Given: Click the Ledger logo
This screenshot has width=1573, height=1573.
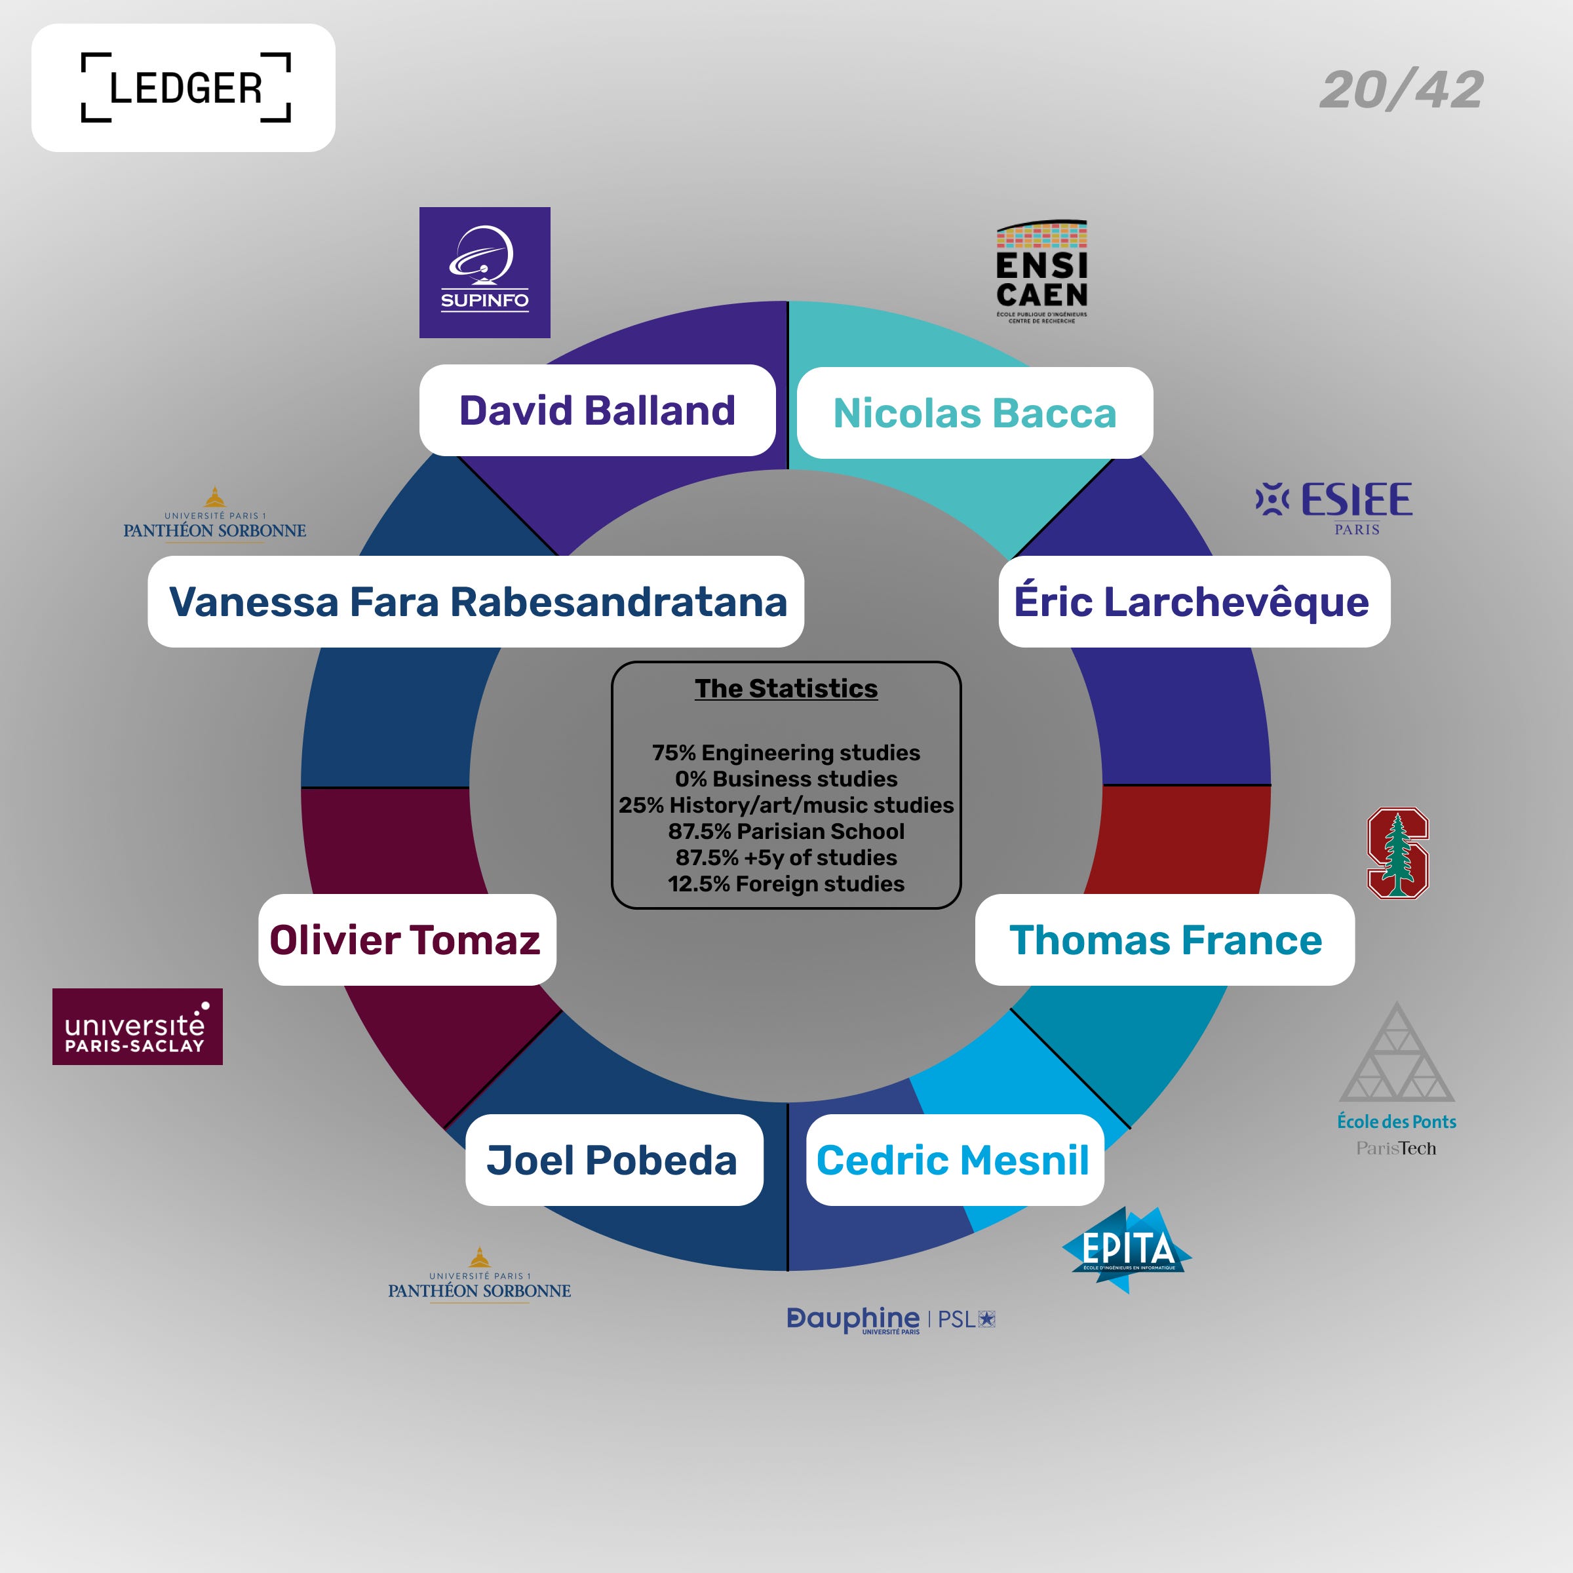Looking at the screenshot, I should [x=184, y=88].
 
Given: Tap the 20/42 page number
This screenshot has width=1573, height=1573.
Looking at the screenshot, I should [x=1401, y=90].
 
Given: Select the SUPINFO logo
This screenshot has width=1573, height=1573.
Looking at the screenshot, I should [x=484, y=272].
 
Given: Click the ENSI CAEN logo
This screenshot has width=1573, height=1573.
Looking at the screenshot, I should [x=1041, y=272].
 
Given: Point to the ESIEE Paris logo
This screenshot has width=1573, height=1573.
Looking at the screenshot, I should [x=1334, y=507].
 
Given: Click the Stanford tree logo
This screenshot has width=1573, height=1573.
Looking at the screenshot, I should [x=1397, y=853].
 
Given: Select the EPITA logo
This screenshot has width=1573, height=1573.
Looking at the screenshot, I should [x=1127, y=1248].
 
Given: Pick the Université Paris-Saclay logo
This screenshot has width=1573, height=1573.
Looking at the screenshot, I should [x=137, y=1026].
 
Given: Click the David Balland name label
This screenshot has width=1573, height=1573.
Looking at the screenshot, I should [x=597, y=410].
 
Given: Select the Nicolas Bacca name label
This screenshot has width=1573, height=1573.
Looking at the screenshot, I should [x=975, y=413].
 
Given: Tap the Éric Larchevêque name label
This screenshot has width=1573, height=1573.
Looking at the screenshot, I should [x=1194, y=602].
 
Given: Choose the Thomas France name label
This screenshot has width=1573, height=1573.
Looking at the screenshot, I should [x=1165, y=940].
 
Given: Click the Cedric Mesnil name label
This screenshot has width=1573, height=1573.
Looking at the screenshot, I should [x=954, y=1159].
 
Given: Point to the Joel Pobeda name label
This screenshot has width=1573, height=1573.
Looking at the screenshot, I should [x=613, y=1159].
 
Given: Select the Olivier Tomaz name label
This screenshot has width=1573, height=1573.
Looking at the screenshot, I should [x=406, y=940].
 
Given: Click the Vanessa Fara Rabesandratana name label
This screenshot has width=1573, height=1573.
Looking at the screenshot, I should [x=476, y=602].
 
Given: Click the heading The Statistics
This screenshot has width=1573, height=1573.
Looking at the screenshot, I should [x=786, y=689].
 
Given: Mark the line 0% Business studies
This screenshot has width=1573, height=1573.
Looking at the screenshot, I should [x=786, y=779].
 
